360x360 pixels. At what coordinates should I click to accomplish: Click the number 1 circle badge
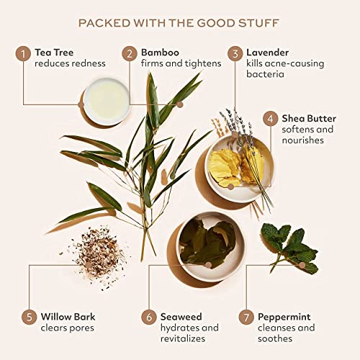[23, 54]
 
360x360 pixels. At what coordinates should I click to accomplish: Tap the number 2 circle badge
[130, 54]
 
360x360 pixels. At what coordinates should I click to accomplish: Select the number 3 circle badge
[235, 54]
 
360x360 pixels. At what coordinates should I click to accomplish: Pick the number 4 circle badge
[271, 119]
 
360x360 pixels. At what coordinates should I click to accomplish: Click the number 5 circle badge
[29, 317]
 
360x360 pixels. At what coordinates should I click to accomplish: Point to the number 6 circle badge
[149, 317]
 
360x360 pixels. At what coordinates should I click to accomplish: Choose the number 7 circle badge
[246, 317]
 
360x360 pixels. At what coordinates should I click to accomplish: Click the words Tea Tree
[54, 53]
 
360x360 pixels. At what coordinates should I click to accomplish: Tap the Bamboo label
[160, 53]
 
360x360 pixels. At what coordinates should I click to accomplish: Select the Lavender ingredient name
[268, 53]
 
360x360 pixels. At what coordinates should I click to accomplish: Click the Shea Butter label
[309, 118]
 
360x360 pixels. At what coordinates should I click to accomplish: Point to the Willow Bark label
[68, 317]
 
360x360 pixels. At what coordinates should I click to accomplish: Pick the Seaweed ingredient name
[181, 317]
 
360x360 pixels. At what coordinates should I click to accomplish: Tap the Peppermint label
[284, 318]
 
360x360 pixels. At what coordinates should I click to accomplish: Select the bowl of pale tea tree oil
[107, 101]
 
